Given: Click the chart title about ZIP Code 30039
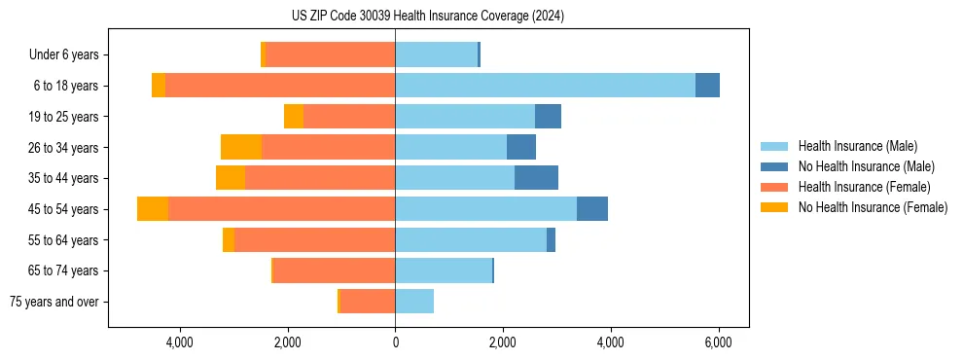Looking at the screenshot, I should [427, 17].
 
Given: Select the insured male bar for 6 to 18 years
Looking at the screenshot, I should [545, 86].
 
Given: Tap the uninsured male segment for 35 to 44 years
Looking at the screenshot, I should [536, 178].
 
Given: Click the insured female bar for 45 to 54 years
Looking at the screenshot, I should [281, 209].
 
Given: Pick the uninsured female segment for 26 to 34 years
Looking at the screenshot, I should [241, 147].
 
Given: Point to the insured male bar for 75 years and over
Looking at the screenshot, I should [414, 302].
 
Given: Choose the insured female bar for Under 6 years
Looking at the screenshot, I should [330, 54].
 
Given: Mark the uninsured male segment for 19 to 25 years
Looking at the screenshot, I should [548, 117].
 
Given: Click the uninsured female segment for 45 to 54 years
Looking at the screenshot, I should [153, 209].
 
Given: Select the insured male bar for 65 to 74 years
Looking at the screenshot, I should [444, 270].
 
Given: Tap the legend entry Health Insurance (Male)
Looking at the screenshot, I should [857, 146].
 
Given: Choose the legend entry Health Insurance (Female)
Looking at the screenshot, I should [862, 187].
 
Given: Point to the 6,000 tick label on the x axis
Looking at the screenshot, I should [718, 342].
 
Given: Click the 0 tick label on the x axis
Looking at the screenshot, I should [395, 342].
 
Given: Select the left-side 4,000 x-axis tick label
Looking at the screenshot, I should [180, 342].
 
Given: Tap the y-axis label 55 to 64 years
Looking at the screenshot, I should [65, 240].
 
